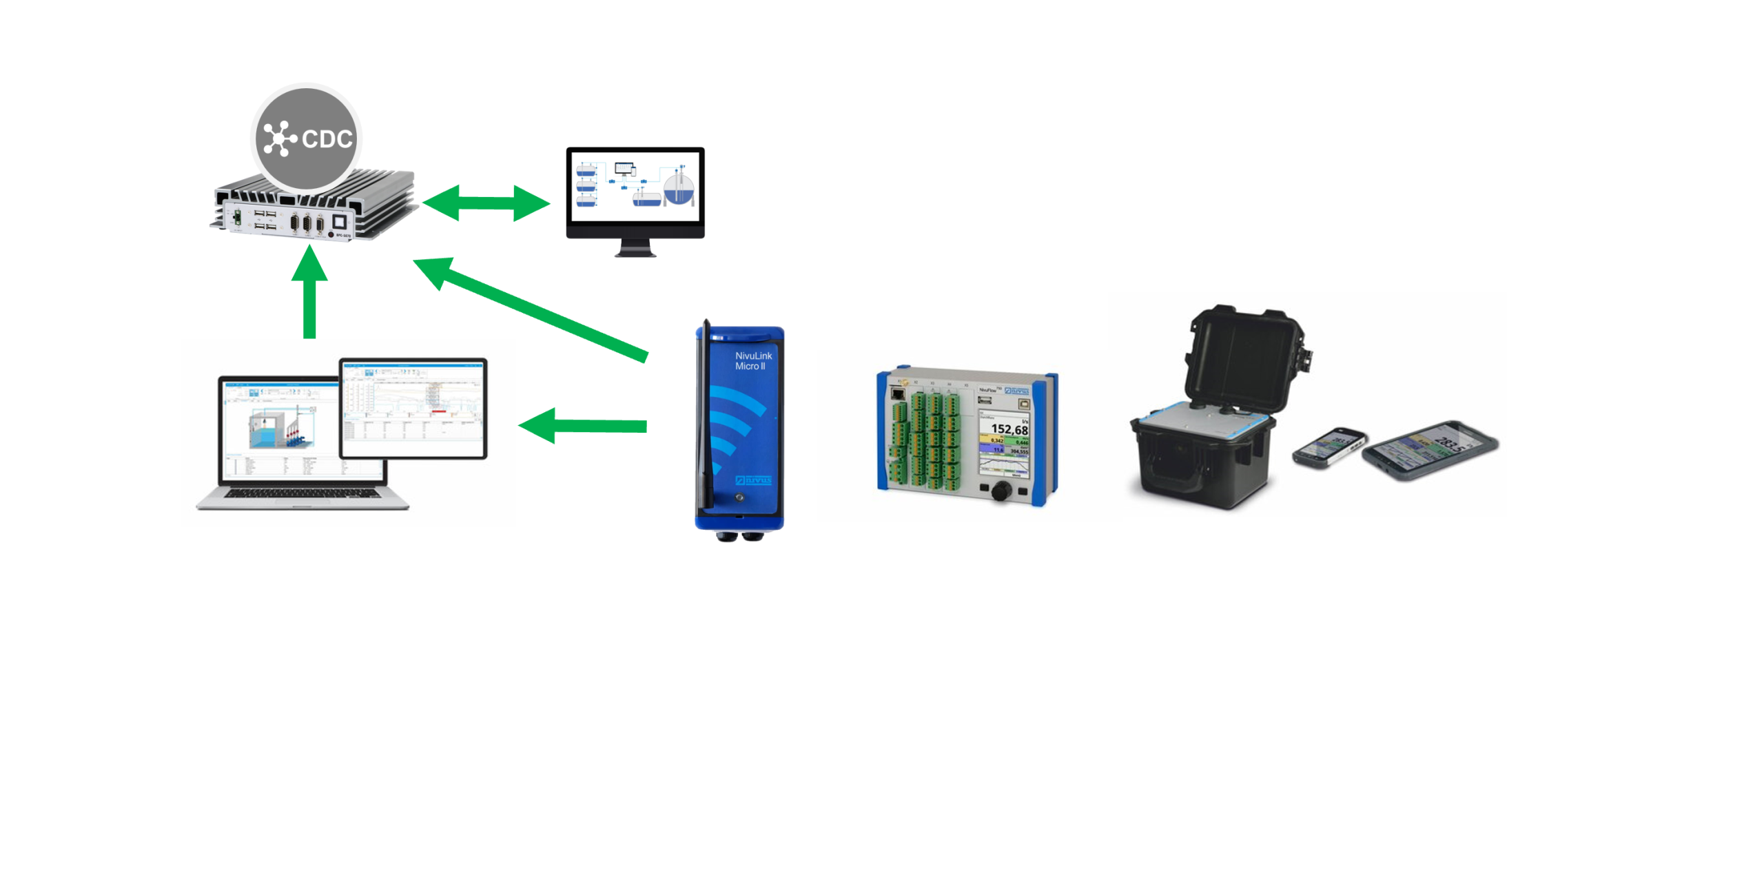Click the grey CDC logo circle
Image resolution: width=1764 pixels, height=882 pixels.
point(305,139)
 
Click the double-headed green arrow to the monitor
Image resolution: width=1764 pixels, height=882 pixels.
point(486,203)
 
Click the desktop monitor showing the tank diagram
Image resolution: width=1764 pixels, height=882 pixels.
point(635,186)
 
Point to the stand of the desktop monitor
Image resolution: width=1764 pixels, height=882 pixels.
point(635,248)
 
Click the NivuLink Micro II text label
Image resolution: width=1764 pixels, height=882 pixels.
point(752,360)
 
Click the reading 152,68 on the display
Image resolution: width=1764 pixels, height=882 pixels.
point(1009,429)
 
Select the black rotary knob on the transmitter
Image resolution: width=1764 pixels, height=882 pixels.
point(1001,491)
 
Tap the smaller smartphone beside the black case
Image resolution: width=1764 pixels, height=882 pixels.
point(1328,447)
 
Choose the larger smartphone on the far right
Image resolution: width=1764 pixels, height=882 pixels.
point(1430,450)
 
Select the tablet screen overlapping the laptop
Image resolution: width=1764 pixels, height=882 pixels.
point(413,408)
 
